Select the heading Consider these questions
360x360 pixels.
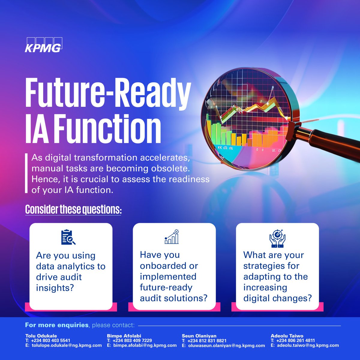pos(73,209)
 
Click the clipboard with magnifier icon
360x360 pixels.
pos(68,237)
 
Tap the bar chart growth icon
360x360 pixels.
pos(172,237)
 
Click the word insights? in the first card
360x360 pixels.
pos(55,288)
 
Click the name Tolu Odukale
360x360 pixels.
pos(41,336)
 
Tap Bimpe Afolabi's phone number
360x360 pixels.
pos(132,340)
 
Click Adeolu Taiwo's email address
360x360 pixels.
pos(308,345)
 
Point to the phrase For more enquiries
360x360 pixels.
pos(57,325)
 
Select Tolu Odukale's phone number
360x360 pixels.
pos(50,340)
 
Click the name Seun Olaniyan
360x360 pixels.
pos(199,336)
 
